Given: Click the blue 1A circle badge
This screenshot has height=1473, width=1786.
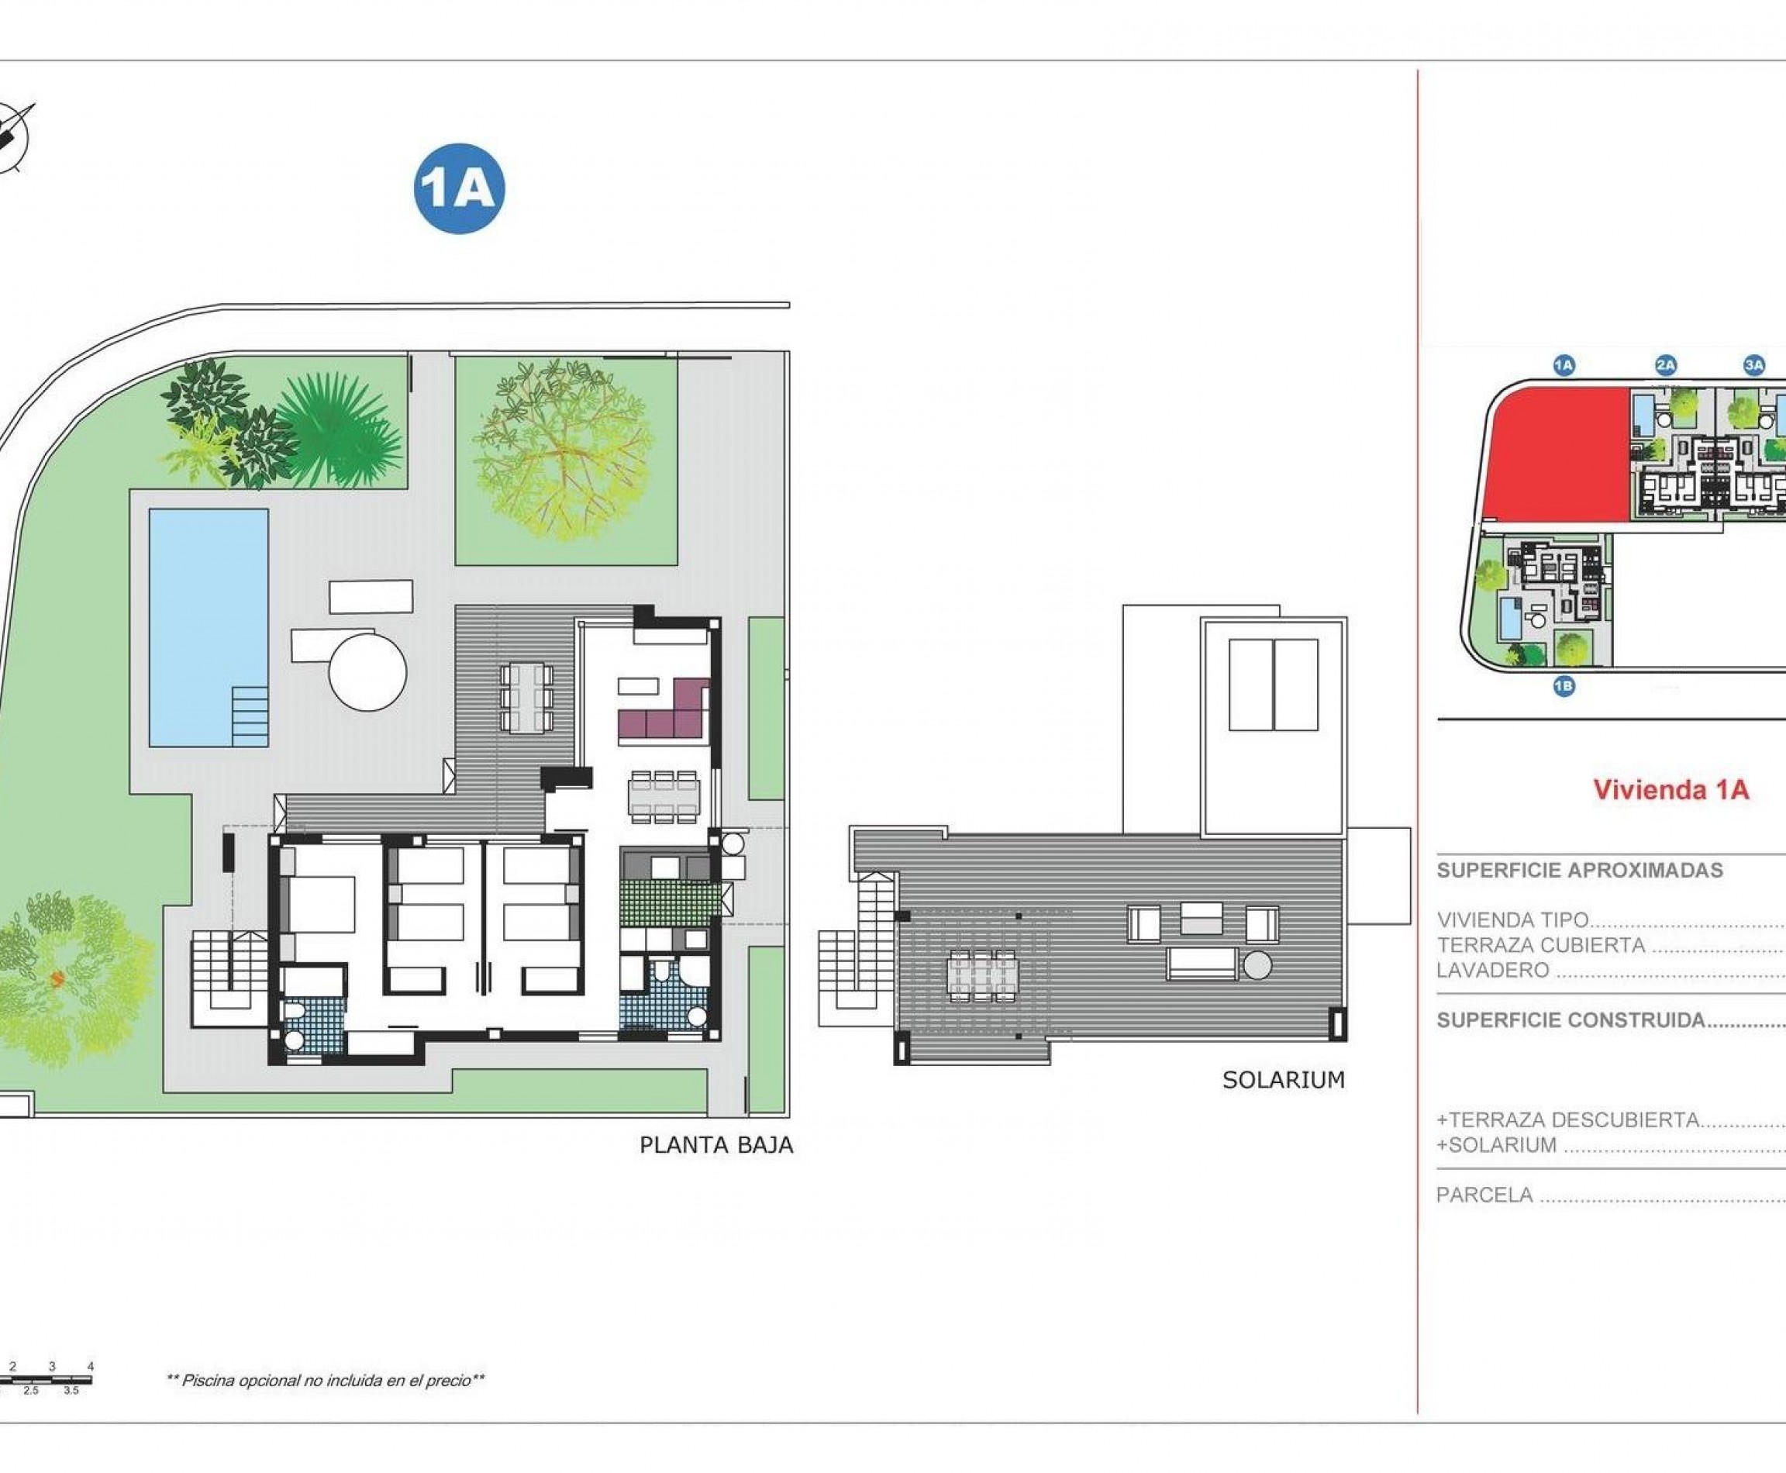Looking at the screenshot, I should coord(459,188).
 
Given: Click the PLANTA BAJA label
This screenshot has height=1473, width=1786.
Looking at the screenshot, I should coord(716,1146).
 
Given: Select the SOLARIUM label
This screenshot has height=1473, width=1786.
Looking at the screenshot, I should coord(1283,1080).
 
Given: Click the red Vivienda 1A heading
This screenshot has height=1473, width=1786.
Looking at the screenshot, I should coord(1670,790).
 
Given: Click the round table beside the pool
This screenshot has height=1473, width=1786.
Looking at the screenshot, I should coord(367,673).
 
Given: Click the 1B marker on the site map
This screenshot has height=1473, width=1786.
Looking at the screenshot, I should coord(1564,685).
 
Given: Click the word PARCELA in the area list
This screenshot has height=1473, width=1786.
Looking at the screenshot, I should coord(1484,1195).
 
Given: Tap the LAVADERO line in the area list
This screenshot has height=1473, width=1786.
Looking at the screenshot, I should coord(1492,970).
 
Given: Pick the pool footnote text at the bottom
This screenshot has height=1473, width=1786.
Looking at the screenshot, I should coord(326,1381).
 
